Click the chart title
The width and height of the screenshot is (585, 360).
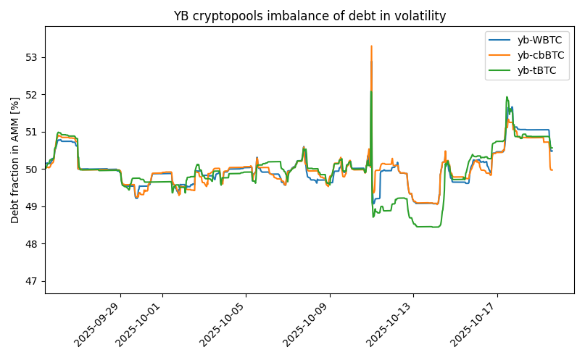click(x=310, y=16)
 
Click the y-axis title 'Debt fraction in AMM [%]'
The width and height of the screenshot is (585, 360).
click(x=15, y=160)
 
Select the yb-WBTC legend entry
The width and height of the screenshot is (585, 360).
click(x=537, y=41)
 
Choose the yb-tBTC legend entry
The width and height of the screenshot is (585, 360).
click(x=536, y=70)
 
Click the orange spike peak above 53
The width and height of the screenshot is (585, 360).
click(x=371, y=46)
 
